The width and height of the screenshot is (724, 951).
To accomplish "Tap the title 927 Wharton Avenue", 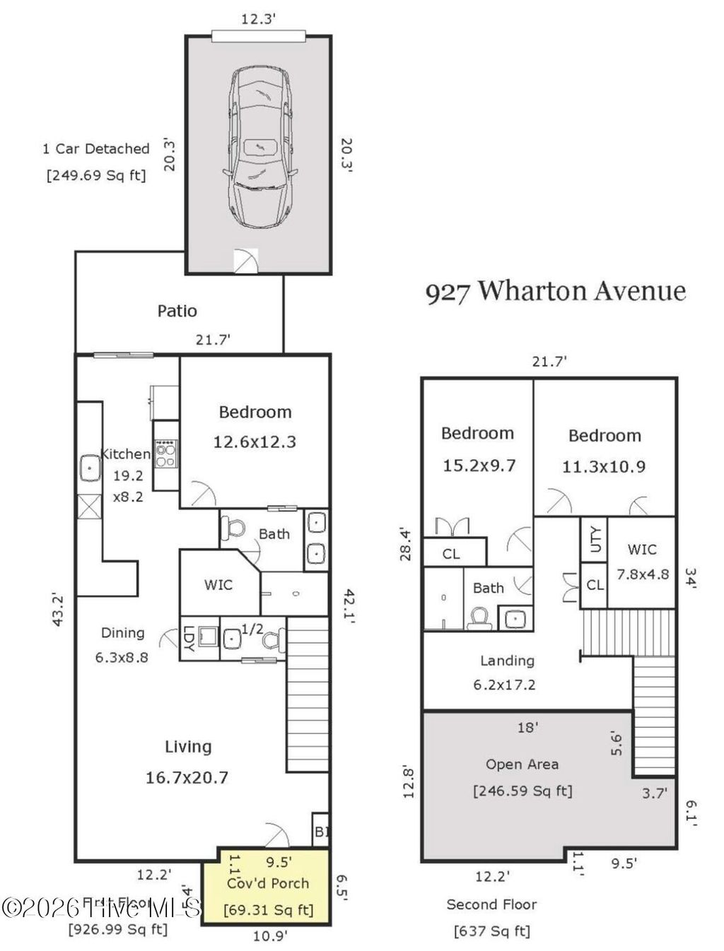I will click(x=555, y=291).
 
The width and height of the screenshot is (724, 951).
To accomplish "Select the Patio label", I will click(x=177, y=311).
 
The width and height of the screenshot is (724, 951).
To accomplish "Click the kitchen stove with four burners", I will click(x=166, y=454).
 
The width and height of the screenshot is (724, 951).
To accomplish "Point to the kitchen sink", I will click(x=90, y=468).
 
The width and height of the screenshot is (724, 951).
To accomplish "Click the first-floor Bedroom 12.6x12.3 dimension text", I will click(x=255, y=442).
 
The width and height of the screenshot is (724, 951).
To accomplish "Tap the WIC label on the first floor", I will click(x=218, y=585).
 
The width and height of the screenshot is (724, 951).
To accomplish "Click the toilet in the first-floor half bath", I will click(x=271, y=640).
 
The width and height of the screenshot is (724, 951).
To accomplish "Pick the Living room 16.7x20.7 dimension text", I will click(x=187, y=778).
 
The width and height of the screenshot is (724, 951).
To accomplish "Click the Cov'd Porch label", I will click(x=268, y=883).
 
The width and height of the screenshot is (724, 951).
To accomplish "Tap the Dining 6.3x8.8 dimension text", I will click(x=122, y=657).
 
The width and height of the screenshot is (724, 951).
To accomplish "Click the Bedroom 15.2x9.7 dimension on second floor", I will click(x=479, y=466).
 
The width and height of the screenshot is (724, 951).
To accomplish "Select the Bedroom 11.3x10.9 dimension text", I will click(x=604, y=466).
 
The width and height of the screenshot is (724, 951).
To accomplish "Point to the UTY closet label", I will click(x=595, y=541).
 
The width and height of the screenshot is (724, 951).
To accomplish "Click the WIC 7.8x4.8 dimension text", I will click(x=642, y=574).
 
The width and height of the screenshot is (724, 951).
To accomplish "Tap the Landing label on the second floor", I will click(x=507, y=661).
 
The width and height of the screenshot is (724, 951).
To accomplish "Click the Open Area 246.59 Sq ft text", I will click(x=522, y=791).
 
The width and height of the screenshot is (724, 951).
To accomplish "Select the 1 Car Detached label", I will click(x=96, y=149).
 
